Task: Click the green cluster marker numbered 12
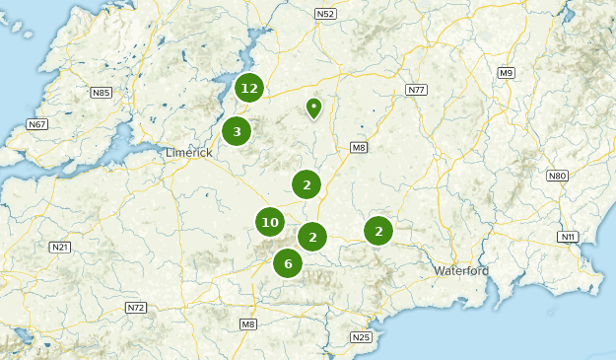[x=249, y=88]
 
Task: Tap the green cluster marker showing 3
[x=237, y=131]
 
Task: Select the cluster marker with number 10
[x=270, y=223]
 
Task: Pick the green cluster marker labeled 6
[x=288, y=262]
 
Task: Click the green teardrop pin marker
[x=313, y=107]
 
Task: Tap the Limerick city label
[x=188, y=152]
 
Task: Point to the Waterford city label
[x=461, y=270]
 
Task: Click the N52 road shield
[x=326, y=14]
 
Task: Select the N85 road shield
[x=101, y=93]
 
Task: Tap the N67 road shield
[x=37, y=124]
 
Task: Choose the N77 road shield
[x=416, y=90]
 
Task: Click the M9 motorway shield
[x=506, y=73]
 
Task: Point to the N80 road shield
[x=558, y=176]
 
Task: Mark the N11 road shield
[x=567, y=237]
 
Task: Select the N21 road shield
[x=60, y=247]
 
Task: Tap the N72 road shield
[x=136, y=308]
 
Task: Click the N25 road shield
[x=362, y=337]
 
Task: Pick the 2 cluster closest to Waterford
[x=378, y=231]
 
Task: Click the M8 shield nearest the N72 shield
[x=247, y=324]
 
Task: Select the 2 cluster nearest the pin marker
[x=307, y=183]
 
